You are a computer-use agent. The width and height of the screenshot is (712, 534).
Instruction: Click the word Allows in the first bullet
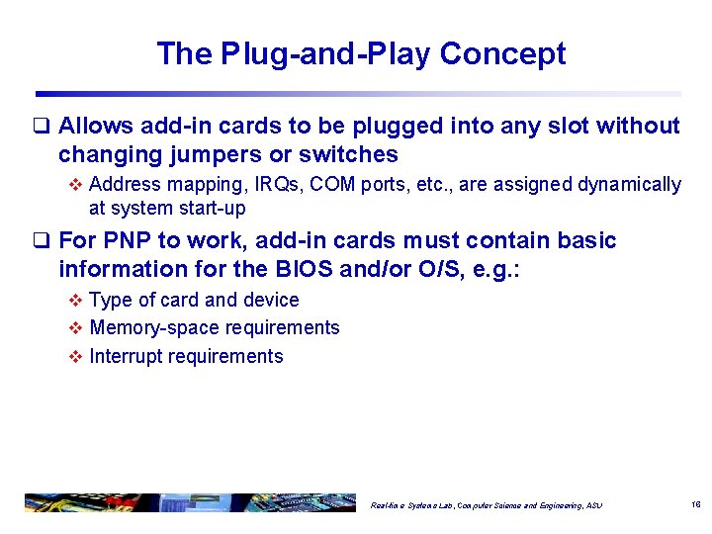97,126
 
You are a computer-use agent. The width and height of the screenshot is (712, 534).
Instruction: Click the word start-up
210,209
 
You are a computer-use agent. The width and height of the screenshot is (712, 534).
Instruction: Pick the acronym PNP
123,240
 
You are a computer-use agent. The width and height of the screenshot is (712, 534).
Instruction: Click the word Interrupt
125,356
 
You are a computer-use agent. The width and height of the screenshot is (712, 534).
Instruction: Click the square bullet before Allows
42,127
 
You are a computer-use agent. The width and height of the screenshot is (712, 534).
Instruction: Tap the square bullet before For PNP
42,241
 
